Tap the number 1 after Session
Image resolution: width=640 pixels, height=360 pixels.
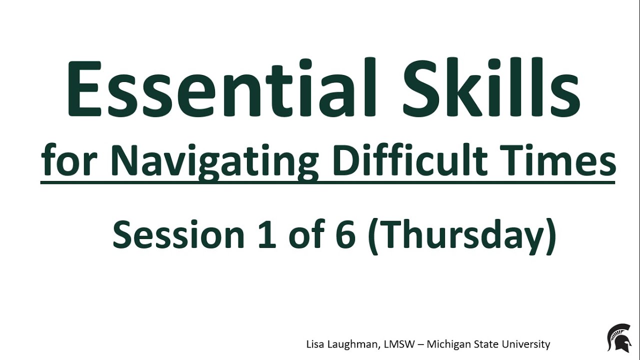[267, 235]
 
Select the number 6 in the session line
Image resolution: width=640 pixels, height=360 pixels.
[345, 235]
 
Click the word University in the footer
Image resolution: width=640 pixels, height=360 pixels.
[528, 344]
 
